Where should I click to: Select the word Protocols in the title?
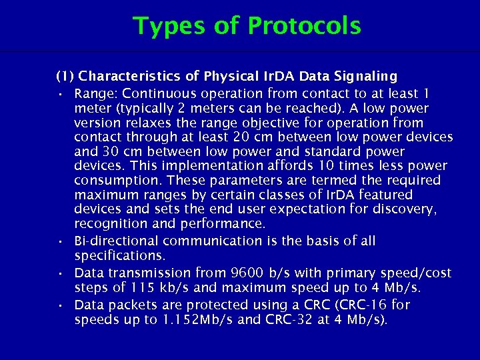click(304, 26)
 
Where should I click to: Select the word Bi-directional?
click(117, 241)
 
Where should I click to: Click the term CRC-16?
click(367, 305)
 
